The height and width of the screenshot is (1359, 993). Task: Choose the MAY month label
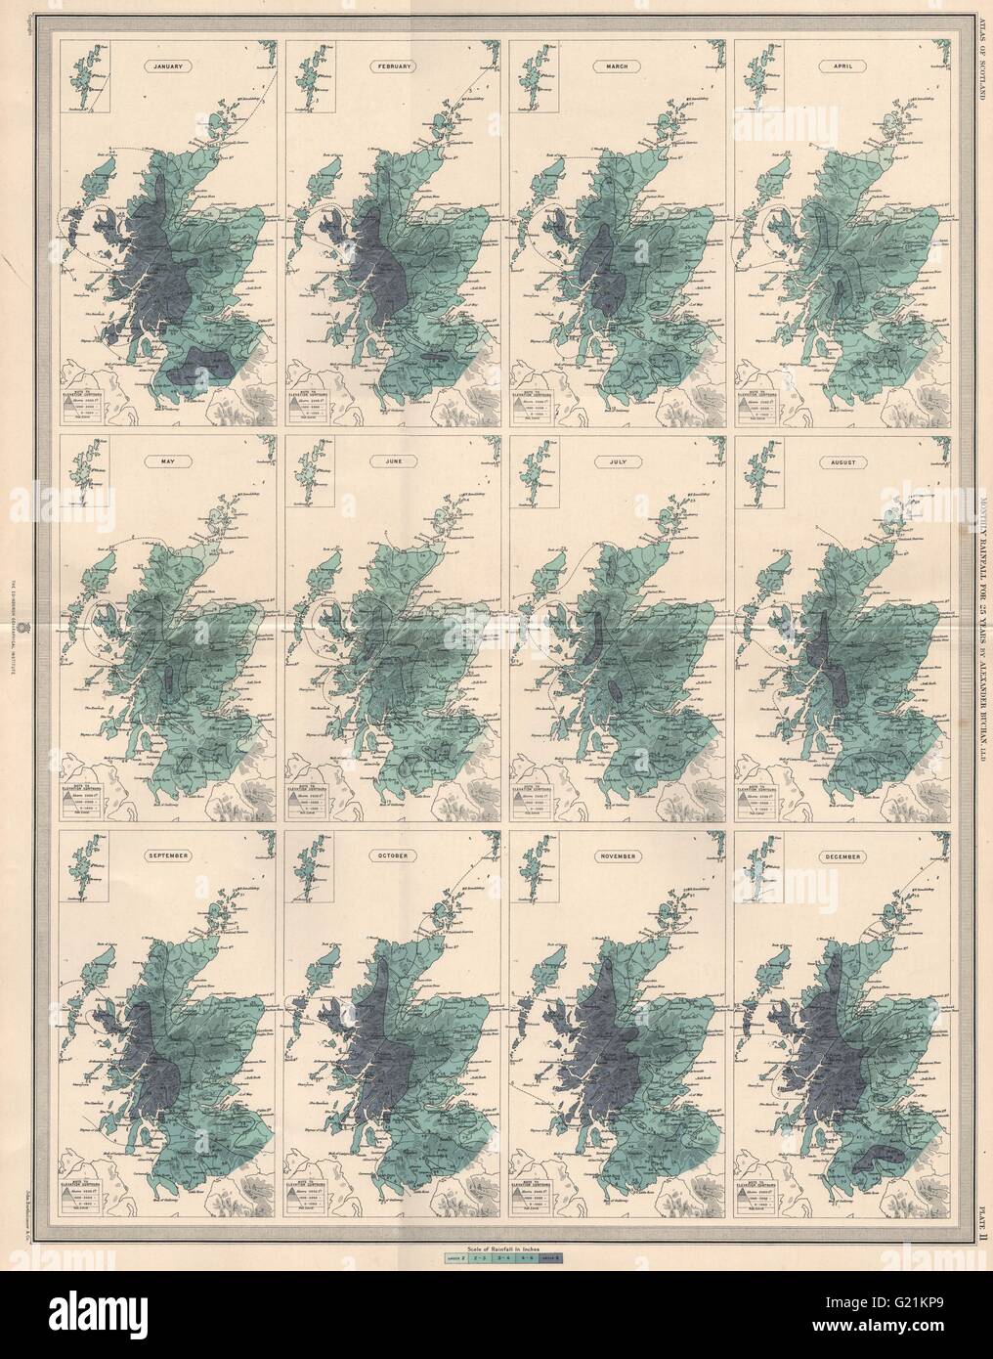(x=167, y=458)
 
